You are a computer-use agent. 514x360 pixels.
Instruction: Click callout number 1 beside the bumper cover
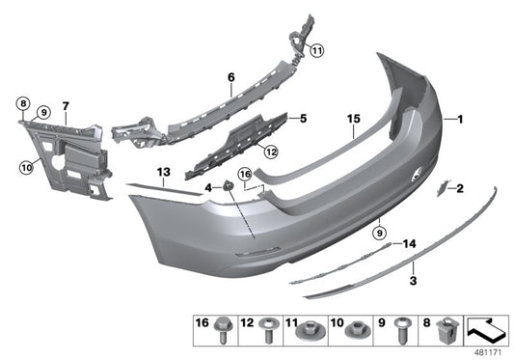point(461,120)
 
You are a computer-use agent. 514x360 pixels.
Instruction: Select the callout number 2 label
point(460,188)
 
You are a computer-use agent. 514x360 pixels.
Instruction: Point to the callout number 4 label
point(207,186)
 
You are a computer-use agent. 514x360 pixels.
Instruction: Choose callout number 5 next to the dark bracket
point(302,120)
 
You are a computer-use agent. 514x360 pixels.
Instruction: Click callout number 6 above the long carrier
point(231,75)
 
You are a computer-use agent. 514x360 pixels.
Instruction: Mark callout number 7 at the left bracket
point(66,104)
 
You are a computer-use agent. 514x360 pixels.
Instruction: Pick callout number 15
point(354,120)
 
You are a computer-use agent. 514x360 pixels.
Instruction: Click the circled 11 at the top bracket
point(317,49)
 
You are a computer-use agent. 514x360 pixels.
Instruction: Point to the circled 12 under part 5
point(271,150)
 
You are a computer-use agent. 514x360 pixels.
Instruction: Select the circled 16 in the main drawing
point(245,175)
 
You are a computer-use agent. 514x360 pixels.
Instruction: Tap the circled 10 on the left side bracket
point(25,167)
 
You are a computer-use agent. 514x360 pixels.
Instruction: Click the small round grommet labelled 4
point(228,185)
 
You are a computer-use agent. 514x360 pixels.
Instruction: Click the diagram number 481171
point(490,351)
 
